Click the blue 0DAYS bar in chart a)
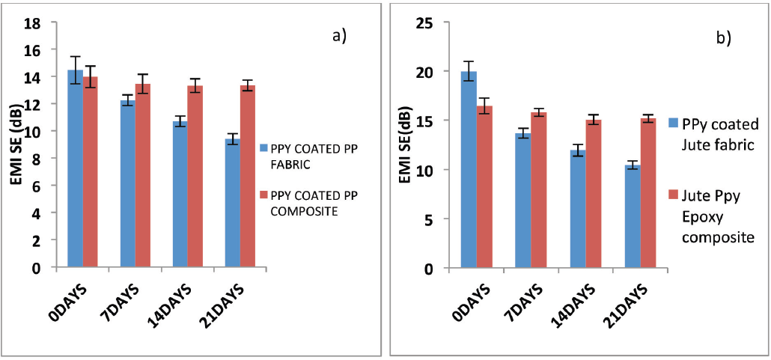tap(76, 168)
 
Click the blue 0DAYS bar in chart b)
tap(469, 170)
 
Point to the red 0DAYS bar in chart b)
tap(484, 187)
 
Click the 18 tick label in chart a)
tap(40, 22)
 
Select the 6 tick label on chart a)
tap(43, 186)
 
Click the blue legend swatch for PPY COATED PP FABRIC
tap(263, 147)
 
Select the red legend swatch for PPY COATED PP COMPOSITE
tap(263, 195)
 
